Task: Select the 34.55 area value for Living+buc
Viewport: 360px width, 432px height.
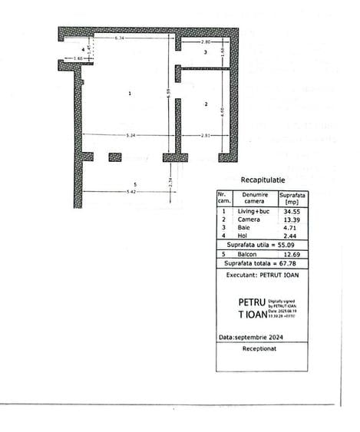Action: pyautogui.click(x=290, y=210)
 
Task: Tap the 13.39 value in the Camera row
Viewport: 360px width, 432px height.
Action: pyautogui.click(x=290, y=219)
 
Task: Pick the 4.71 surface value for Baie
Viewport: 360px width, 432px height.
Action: pyautogui.click(x=290, y=227)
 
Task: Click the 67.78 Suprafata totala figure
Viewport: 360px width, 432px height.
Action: pyautogui.click(x=287, y=263)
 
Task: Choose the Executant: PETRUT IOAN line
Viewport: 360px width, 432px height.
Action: pyautogui.click(x=262, y=273)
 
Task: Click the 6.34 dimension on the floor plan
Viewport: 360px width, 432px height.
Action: pyautogui.click(x=120, y=38)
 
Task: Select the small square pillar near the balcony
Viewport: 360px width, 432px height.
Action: pyautogui.click(x=115, y=157)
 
